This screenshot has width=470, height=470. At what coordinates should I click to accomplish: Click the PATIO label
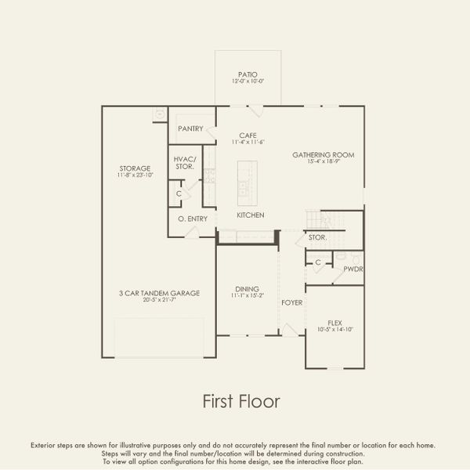(249, 74)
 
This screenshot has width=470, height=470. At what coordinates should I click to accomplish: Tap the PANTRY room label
(190, 128)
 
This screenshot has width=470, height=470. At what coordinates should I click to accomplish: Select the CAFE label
(249, 135)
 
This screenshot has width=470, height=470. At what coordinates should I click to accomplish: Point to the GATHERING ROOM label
(324, 155)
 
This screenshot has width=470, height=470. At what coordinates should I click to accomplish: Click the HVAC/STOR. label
(185, 163)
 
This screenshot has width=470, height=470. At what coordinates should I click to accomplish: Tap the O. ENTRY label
(193, 219)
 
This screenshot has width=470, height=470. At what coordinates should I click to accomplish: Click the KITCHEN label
(251, 215)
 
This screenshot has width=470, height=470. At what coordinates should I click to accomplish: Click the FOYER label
(292, 302)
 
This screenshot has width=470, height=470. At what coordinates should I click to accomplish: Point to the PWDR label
(352, 269)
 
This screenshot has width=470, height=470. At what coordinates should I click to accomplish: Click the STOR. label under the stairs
(316, 237)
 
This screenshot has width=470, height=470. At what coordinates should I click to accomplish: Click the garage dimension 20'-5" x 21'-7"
(159, 301)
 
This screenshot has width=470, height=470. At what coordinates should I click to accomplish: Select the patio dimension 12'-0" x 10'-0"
(249, 81)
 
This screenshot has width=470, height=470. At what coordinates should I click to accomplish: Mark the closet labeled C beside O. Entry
(179, 193)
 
